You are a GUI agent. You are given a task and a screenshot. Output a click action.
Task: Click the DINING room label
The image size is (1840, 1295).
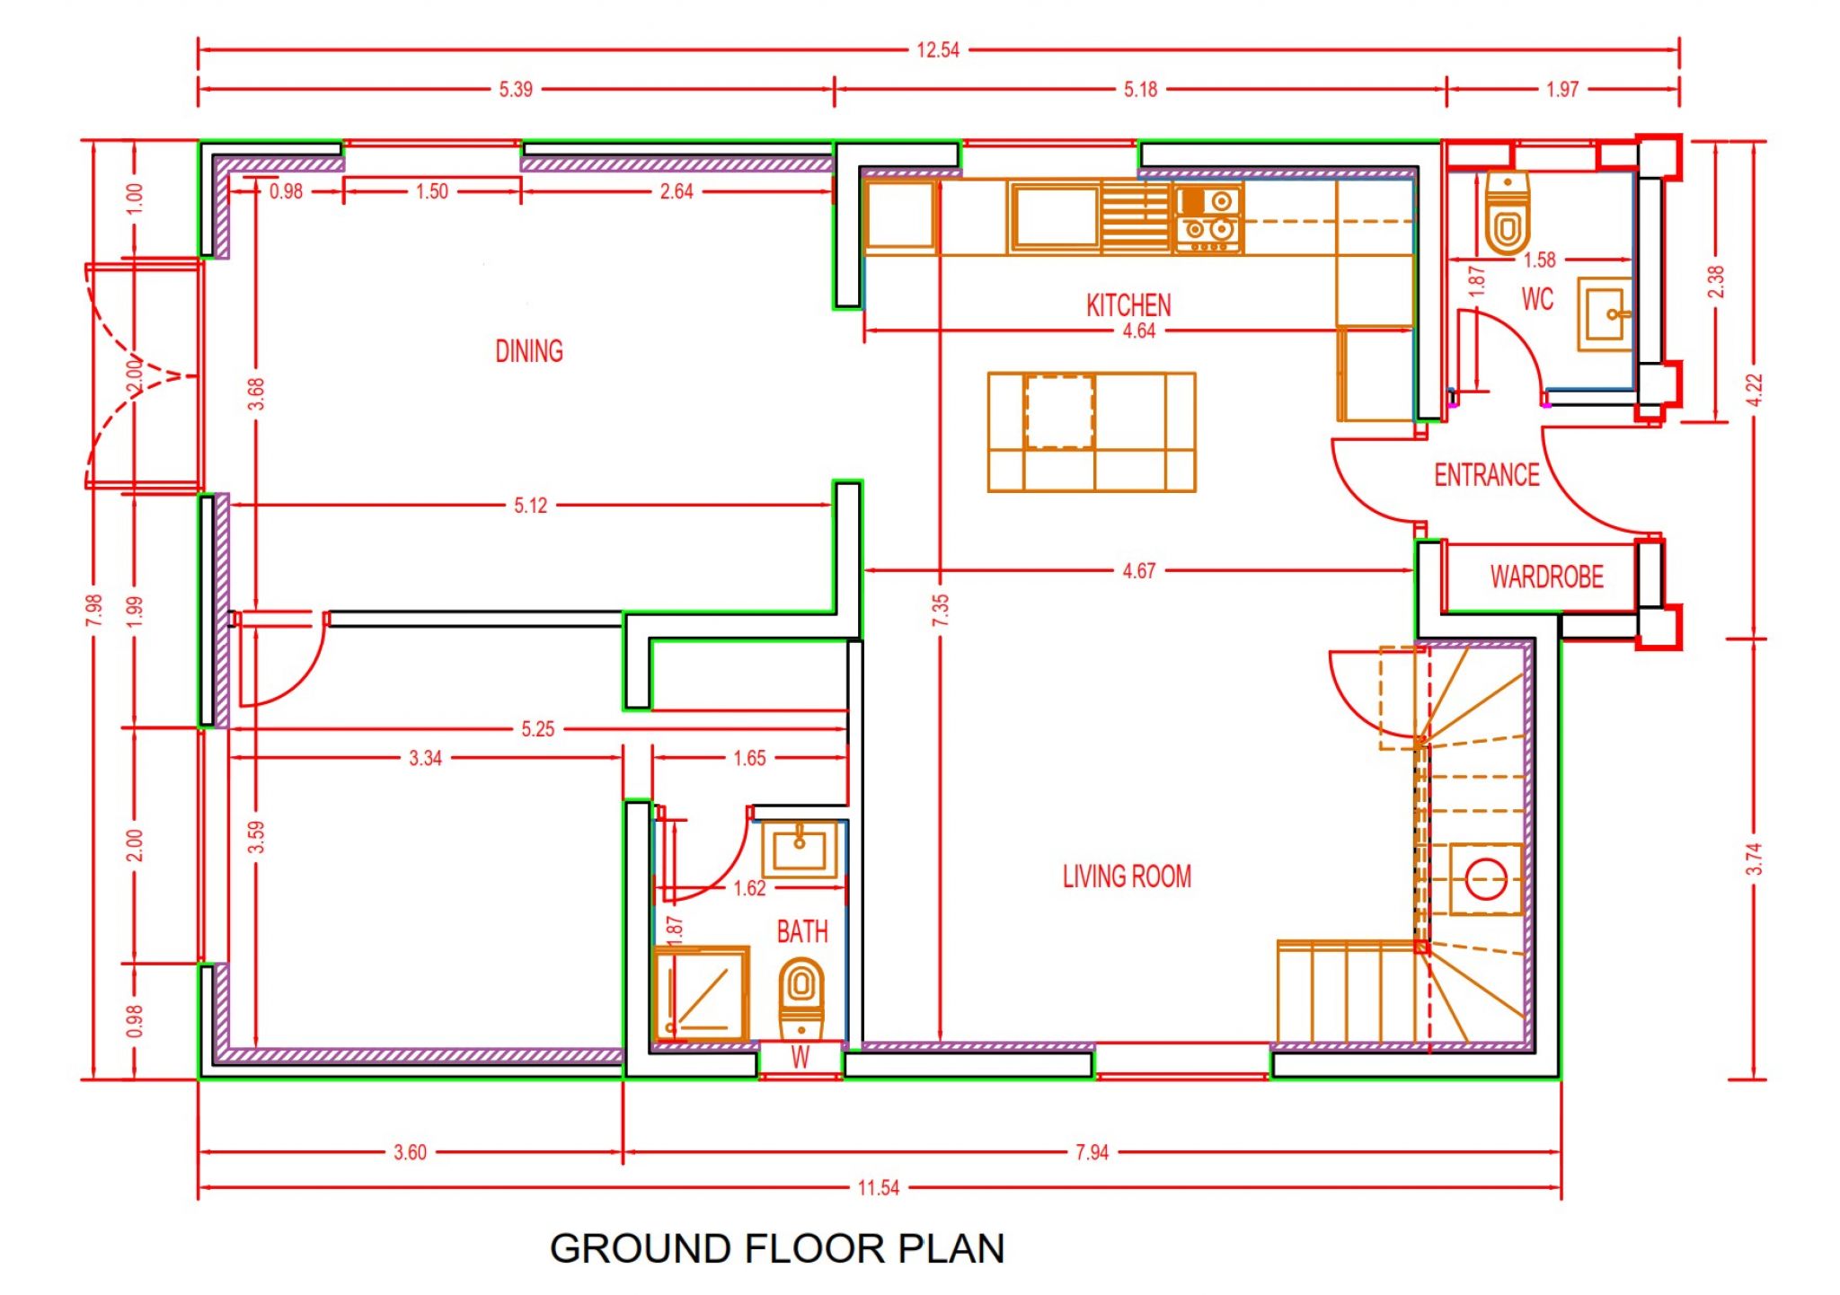(x=529, y=351)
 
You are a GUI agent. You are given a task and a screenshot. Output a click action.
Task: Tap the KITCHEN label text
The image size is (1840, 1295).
(x=1128, y=305)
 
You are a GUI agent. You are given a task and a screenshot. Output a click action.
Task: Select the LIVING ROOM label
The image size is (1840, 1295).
(x=1127, y=877)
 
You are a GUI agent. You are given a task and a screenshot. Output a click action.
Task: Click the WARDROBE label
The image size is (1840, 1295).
(x=1546, y=577)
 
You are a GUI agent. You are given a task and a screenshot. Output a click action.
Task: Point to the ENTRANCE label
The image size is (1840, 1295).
(x=1487, y=475)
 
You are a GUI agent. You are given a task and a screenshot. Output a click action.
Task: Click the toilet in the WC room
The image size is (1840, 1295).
(x=1508, y=213)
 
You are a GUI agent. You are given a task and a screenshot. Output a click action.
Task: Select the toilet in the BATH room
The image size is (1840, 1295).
(x=801, y=999)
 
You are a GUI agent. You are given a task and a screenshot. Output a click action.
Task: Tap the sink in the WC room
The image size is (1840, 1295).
(x=1605, y=314)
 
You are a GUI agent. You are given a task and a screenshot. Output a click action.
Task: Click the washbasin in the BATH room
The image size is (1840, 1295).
(x=800, y=849)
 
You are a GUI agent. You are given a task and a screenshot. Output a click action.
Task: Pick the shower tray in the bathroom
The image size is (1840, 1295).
(x=702, y=994)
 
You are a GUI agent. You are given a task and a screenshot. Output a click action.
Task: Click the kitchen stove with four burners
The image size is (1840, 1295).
(x=1208, y=219)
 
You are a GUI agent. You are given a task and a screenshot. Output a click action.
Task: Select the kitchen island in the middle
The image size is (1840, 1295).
(x=1092, y=432)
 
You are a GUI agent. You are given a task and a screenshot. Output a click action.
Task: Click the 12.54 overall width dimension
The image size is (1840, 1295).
(x=938, y=50)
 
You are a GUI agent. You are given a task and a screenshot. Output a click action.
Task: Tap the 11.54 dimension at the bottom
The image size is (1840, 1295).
(x=878, y=1188)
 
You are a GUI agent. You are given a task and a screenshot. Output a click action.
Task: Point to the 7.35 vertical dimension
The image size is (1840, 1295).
(x=940, y=611)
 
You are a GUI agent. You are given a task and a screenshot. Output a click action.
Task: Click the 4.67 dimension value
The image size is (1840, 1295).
(x=1138, y=571)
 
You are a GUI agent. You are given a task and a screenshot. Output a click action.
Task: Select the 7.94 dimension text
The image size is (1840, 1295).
(x=1092, y=1152)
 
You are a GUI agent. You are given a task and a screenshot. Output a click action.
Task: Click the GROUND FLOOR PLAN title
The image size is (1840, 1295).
(x=777, y=1248)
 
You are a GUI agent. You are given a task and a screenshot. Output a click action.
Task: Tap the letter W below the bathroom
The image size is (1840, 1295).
(x=800, y=1058)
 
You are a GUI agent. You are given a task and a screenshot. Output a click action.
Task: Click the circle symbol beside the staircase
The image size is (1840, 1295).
(x=1486, y=879)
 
